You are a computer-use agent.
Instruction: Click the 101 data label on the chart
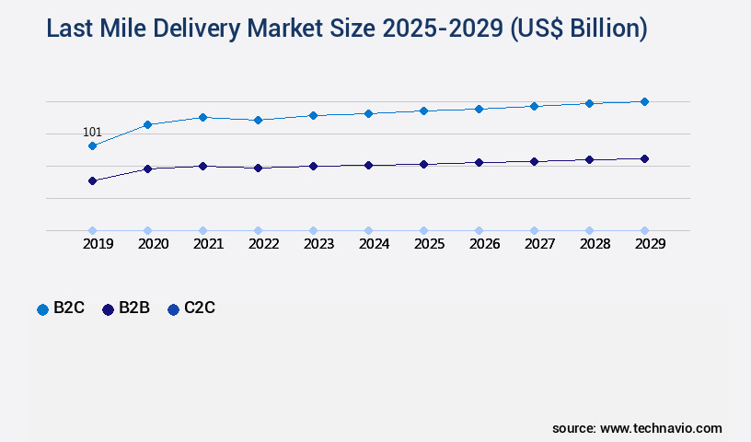pyautogui.click(x=92, y=133)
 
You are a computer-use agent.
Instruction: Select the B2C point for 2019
pyautogui.click(x=92, y=145)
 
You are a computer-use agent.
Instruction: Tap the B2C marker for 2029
pyautogui.click(x=644, y=101)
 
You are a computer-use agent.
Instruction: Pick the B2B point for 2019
pyautogui.click(x=92, y=180)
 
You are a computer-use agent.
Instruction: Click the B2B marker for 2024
pyautogui.click(x=368, y=165)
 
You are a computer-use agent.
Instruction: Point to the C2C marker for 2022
pyautogui.click(x=258, y=230)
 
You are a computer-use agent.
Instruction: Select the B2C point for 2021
pyautogui.click(x=202, y=117)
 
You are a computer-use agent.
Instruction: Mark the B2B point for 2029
pyautogui.click(x=644, y=158)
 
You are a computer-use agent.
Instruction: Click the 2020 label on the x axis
pyautogui.click(x=153, y=244)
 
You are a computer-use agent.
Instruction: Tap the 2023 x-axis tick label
pyautogui.click(x=318, y=244)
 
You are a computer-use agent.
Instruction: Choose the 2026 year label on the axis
pyautogui.click(x=484, y=244)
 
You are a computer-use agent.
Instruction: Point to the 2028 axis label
pyautogui.click(x=595, y=244)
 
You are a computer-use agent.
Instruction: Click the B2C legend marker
pyautogui.click(x=42, y=309)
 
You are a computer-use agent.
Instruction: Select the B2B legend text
pyautogui.click(x=134, y=308)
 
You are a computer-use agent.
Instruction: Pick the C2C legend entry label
pyautogui.click(x=200, y=308)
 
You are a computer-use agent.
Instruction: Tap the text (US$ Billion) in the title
pyautogui.click(x=577, y=29)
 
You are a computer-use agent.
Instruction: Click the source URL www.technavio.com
pyautogui.click(x=661, y=428)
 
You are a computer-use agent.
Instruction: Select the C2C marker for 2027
pyautogui.click(x=534, y=230)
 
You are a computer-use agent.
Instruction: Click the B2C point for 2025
pyautogui.click(x=423, y=110)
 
